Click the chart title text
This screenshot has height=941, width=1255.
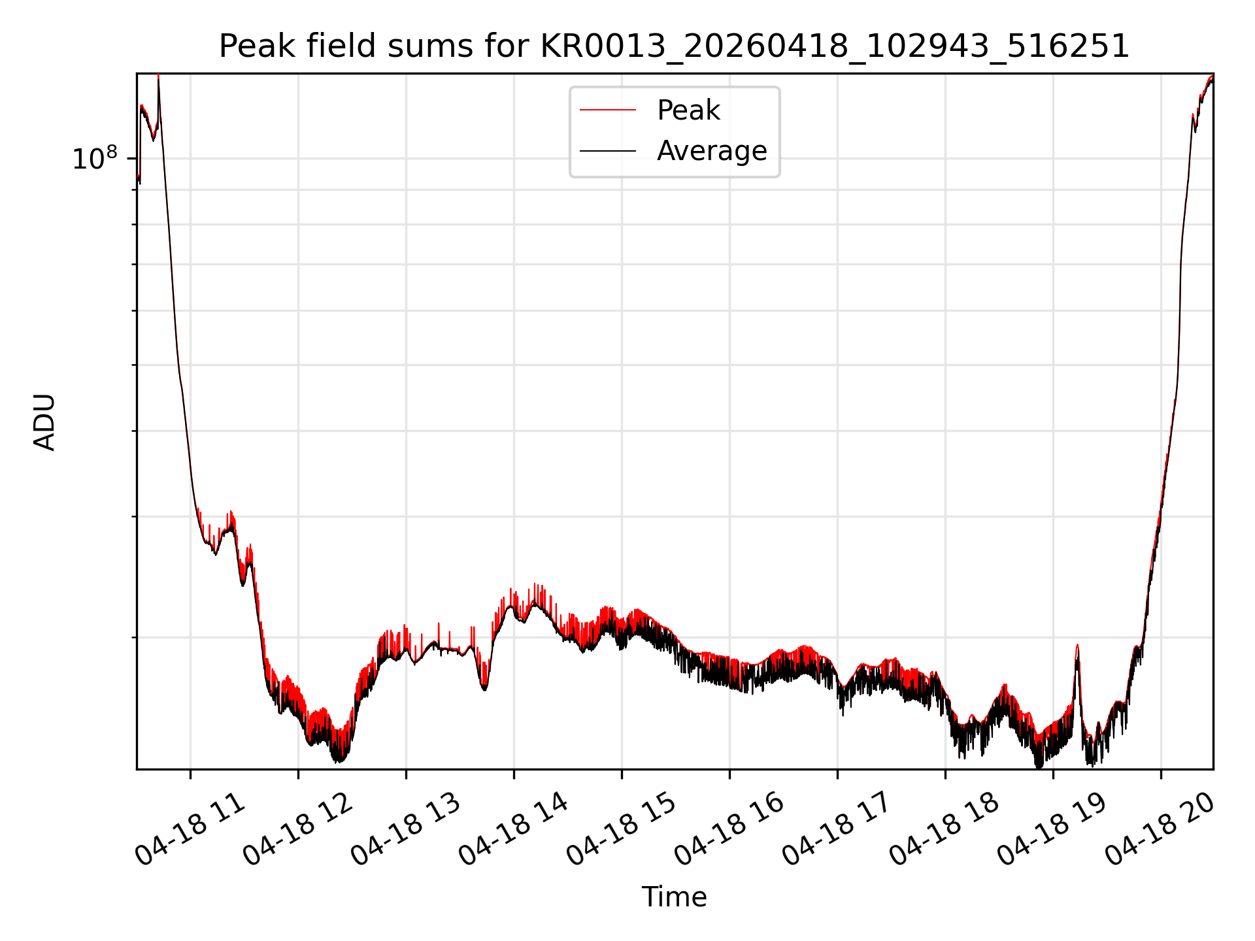674,46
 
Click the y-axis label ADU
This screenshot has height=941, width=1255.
44,421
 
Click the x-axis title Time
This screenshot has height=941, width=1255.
674,897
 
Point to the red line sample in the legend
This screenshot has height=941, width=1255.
608,110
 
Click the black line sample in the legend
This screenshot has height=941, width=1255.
608,151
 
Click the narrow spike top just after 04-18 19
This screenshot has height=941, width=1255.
1077,645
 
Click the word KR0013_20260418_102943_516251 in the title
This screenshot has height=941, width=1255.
835,46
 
